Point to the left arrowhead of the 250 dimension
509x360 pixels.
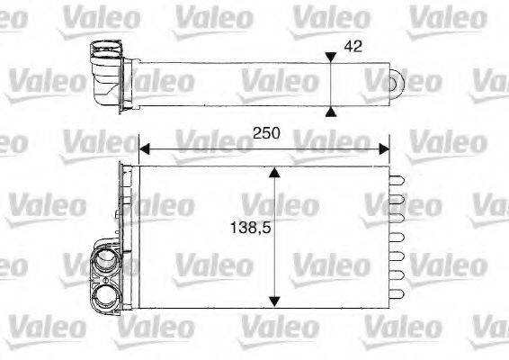pyautogui.click(x=144, y=146)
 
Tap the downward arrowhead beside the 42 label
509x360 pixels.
pyautogui.click(x=332, y=57)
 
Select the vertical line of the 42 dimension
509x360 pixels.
pyautogui.click(x=332, y=83)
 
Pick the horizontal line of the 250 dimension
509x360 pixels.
pyautogui.click(x=263, y=146)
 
